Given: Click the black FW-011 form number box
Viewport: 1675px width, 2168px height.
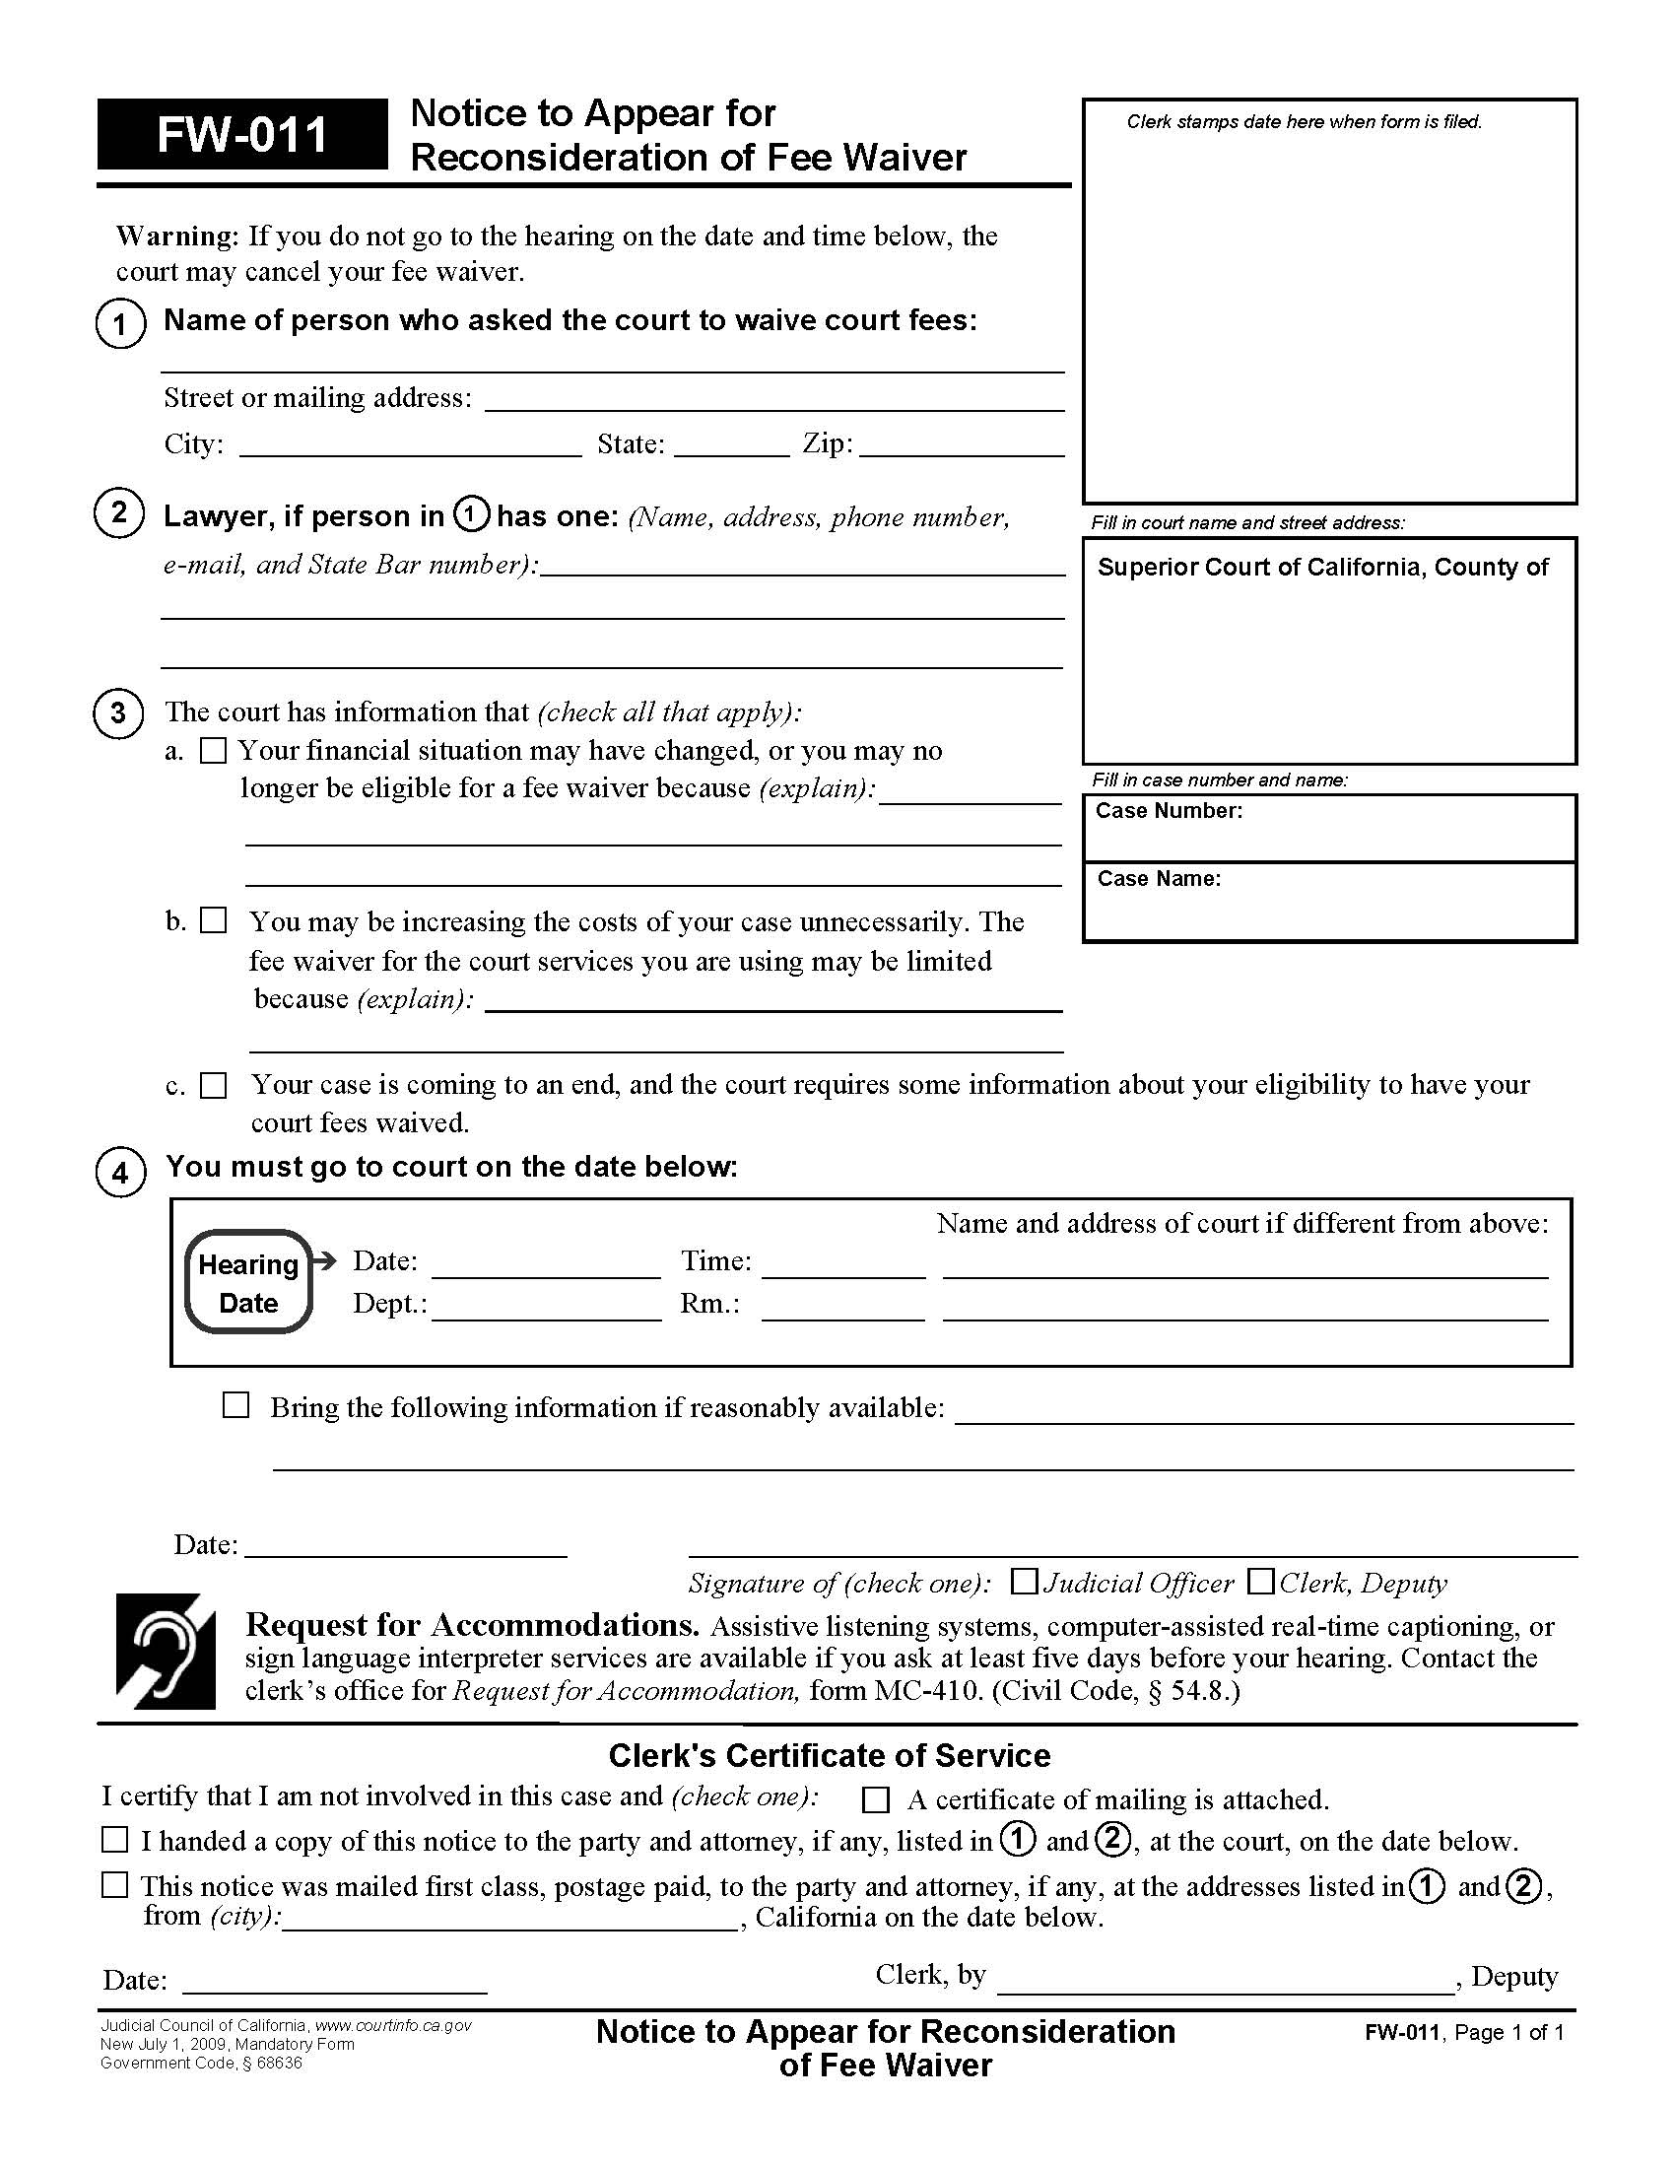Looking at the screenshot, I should pos(242,134).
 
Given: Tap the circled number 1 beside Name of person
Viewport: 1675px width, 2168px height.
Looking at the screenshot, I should pos(120,323).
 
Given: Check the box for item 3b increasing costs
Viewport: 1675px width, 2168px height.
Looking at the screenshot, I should pos(214,920).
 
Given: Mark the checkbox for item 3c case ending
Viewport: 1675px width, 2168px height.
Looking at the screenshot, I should pos(214,1085).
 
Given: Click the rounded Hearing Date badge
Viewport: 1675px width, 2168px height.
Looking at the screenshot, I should pos(248,1281).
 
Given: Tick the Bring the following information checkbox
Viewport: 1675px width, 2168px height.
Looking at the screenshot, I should pos(235,1405).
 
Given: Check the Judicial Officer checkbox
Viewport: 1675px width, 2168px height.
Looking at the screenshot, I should pos(1023,1582).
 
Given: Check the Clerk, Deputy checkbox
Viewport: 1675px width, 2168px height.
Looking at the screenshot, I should pos(1260,1582).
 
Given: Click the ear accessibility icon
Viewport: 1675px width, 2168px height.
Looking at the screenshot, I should pos(165,1652).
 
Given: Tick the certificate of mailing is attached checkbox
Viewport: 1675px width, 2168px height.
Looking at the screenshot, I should pos(875,1799).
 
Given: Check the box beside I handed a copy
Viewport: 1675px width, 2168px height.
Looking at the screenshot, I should pos(115,1841).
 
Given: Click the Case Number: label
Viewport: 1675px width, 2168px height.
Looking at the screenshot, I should pos(1168,811).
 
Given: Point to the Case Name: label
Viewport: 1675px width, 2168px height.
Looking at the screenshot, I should pos(1158,878).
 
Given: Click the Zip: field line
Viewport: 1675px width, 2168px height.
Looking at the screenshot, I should pos(961,446).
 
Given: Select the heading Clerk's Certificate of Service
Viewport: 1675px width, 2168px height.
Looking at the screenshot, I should pos(829,1756).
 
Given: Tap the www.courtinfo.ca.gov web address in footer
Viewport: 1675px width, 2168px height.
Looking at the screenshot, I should pos(393,2026).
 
